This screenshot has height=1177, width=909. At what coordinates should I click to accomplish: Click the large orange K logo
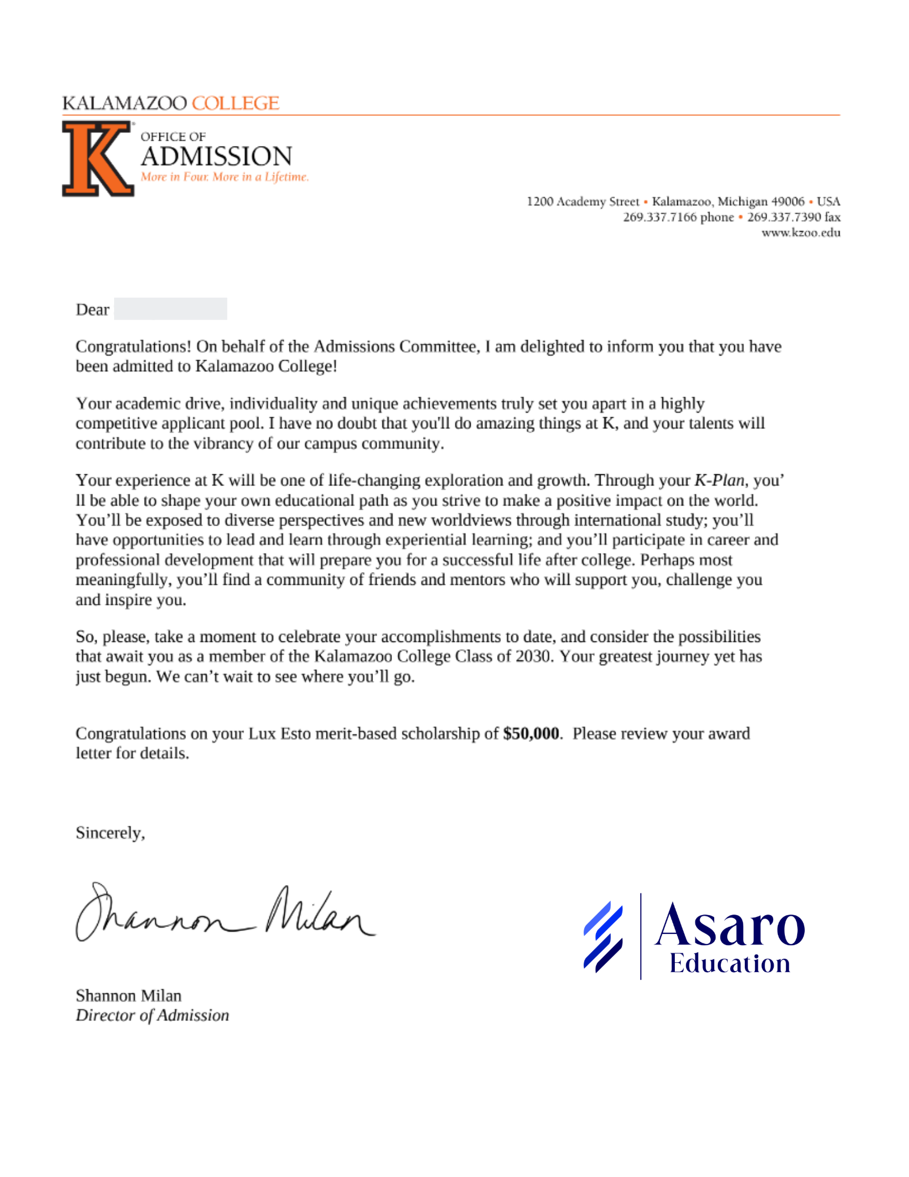click(x=98, y=158)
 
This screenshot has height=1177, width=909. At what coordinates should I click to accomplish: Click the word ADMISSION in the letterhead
click(x=216, y=157)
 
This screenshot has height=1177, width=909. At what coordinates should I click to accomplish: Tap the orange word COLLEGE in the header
click(x=235, y=103)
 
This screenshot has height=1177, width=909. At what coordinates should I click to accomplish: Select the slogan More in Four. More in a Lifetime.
click(x=224, y=177)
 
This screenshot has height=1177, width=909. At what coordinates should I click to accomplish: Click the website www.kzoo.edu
click(x=801, y=232)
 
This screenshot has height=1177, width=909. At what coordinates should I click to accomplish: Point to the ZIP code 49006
click(x=788, y=201)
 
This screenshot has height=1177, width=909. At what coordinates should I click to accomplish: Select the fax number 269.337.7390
click(x=784, y=217)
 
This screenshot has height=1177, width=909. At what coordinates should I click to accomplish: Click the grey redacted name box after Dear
click(x=170, y=309)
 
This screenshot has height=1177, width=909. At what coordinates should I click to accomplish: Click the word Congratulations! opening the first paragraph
click(x=134, y=347)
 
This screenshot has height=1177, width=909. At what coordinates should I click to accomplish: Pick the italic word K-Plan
click(x=719, y=480)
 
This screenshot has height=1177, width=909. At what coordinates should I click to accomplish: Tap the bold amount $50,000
click(x=531, y=733)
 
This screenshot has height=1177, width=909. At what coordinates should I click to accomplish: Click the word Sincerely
click(x=110, y=833)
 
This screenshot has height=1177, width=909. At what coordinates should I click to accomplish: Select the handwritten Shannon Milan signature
click(x=224, y=913)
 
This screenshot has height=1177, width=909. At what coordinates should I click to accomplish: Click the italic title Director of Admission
click(x=152, y=1015)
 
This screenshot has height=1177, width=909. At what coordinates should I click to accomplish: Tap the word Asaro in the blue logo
click(x=730, y=926)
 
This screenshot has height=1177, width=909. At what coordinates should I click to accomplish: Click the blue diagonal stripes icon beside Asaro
click(x=603, y=936)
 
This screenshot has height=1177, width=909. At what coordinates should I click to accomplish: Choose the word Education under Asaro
click(x=730, y=964)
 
